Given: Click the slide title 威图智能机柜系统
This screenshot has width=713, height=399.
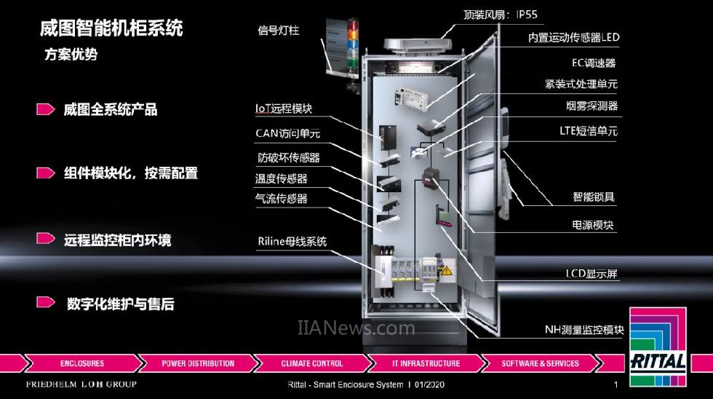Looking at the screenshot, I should point(111,29).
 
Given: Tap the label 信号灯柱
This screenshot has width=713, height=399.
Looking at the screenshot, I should point(279,31).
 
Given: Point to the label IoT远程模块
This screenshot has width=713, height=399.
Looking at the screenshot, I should point(284,108).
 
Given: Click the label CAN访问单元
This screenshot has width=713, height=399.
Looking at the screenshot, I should point(287,133).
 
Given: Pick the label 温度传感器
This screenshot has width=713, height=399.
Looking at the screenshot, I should point(281,178).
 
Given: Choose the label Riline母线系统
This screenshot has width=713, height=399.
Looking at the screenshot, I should point(292,242).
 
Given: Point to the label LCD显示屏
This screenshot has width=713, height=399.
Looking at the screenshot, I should point(591,274).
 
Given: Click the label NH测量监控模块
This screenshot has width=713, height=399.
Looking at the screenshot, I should point(584,330).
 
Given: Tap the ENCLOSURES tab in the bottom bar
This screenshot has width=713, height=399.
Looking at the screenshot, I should point(82,363).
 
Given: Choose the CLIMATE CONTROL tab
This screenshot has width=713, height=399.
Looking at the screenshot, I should point(311,363).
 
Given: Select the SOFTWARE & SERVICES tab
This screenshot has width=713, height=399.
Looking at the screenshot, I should point(540,363).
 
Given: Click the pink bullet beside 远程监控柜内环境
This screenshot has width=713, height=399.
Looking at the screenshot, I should point(46,239).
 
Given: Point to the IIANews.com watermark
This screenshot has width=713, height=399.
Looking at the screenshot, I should point(356,328).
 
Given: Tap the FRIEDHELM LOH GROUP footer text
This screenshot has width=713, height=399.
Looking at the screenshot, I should point(81,384).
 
